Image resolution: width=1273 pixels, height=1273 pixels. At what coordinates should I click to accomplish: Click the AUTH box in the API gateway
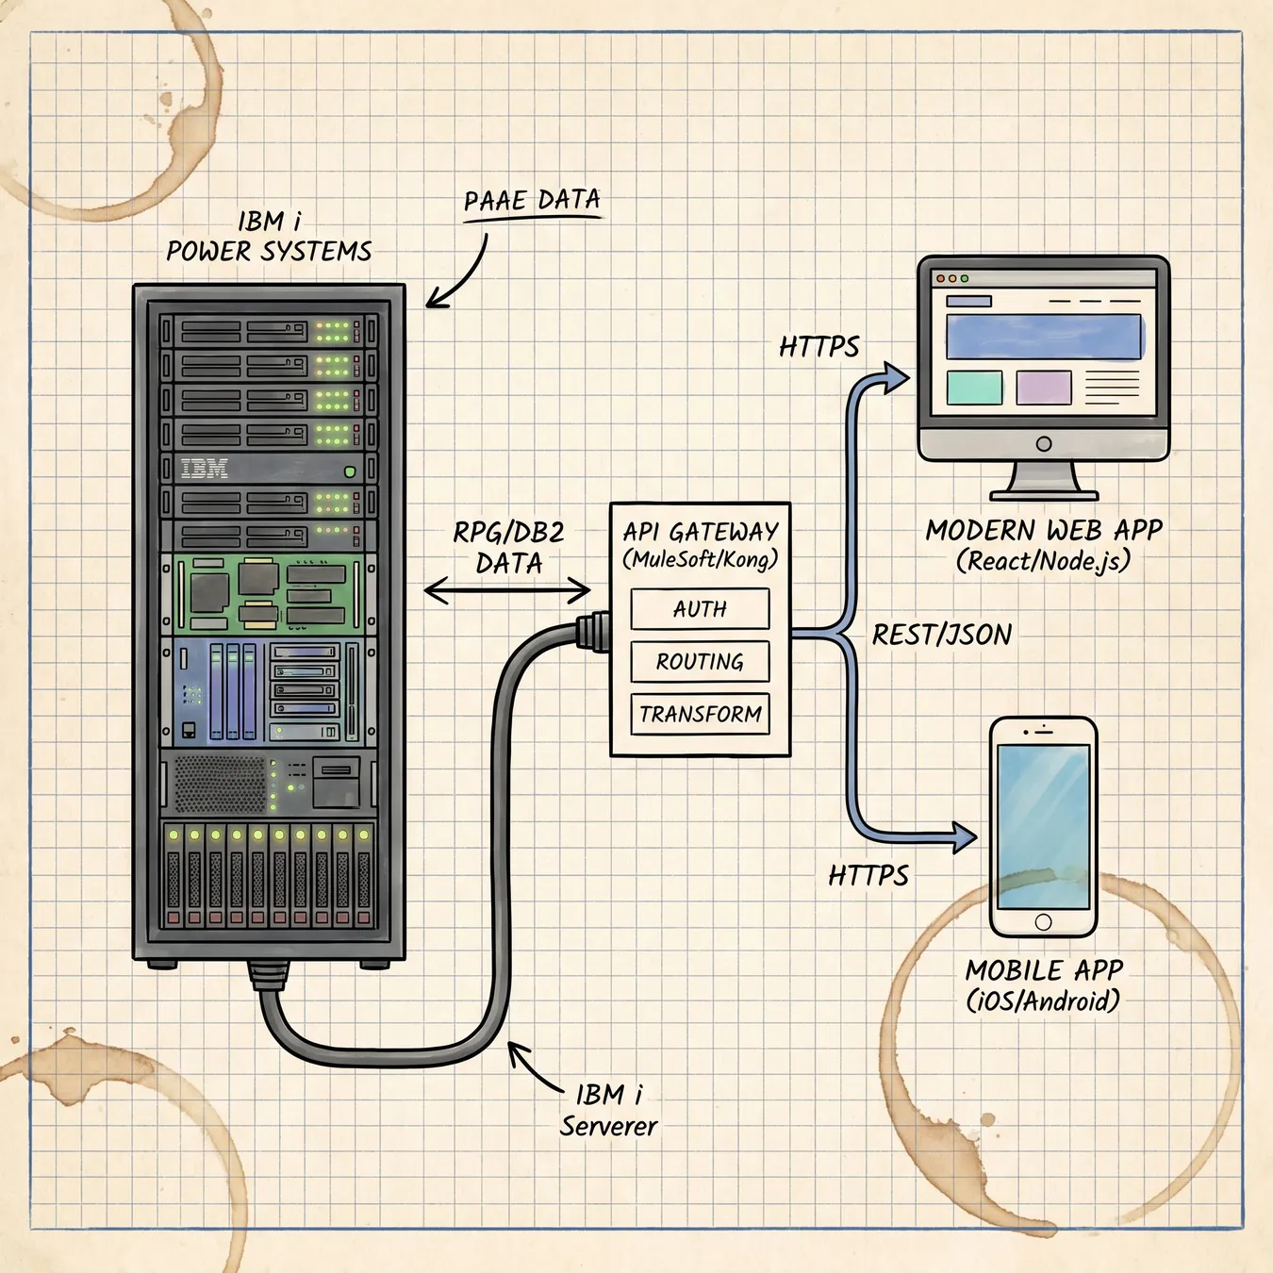(700, 608)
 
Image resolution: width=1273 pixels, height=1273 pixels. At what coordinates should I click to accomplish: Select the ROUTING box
(700, 661)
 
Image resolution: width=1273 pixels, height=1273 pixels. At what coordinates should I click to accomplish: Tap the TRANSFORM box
(700, 714)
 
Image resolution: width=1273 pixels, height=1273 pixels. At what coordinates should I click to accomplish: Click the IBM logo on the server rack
(204, 469)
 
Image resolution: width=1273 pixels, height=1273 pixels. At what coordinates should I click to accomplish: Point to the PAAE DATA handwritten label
(532, 200)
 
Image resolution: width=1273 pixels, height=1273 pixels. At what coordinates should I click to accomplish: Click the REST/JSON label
(941, 635)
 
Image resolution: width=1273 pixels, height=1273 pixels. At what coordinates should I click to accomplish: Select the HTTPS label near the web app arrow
(819, 347)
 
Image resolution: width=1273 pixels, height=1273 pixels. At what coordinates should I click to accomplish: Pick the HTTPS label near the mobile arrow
(868, 876)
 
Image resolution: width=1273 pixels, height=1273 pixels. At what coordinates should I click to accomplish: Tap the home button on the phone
(1043, 921)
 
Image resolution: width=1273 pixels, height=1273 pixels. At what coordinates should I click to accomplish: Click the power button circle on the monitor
(1044, 443)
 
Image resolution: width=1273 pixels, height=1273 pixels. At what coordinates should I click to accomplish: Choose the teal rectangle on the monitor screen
(974, 388)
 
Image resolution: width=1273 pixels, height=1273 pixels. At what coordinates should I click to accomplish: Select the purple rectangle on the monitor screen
(1044, 388)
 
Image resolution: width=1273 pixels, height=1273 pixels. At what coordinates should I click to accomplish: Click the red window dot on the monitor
(940, 279)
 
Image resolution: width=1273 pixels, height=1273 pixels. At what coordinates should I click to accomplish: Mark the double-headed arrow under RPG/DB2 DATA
(506, 590)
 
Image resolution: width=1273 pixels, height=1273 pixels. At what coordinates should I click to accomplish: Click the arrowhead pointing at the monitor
(897, 378)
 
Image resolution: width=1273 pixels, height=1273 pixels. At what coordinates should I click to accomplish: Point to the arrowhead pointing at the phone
(964, 837)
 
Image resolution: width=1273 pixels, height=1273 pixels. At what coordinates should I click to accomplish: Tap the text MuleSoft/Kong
(701, 559)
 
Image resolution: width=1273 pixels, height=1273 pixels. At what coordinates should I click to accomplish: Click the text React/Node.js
(1043, 561)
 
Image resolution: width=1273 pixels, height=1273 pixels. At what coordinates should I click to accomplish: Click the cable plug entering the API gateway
(592, 631)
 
